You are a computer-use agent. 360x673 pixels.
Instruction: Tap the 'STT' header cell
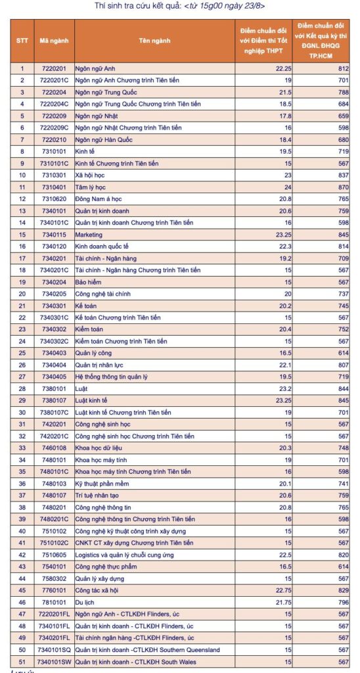(x=22, y=41)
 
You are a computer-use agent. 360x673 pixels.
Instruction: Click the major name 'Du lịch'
(x=85, y=601)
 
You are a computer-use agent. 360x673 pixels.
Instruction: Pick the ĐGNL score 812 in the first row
(x=339, y=68)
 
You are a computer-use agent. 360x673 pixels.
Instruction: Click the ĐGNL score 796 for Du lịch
(x=339, y=601)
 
